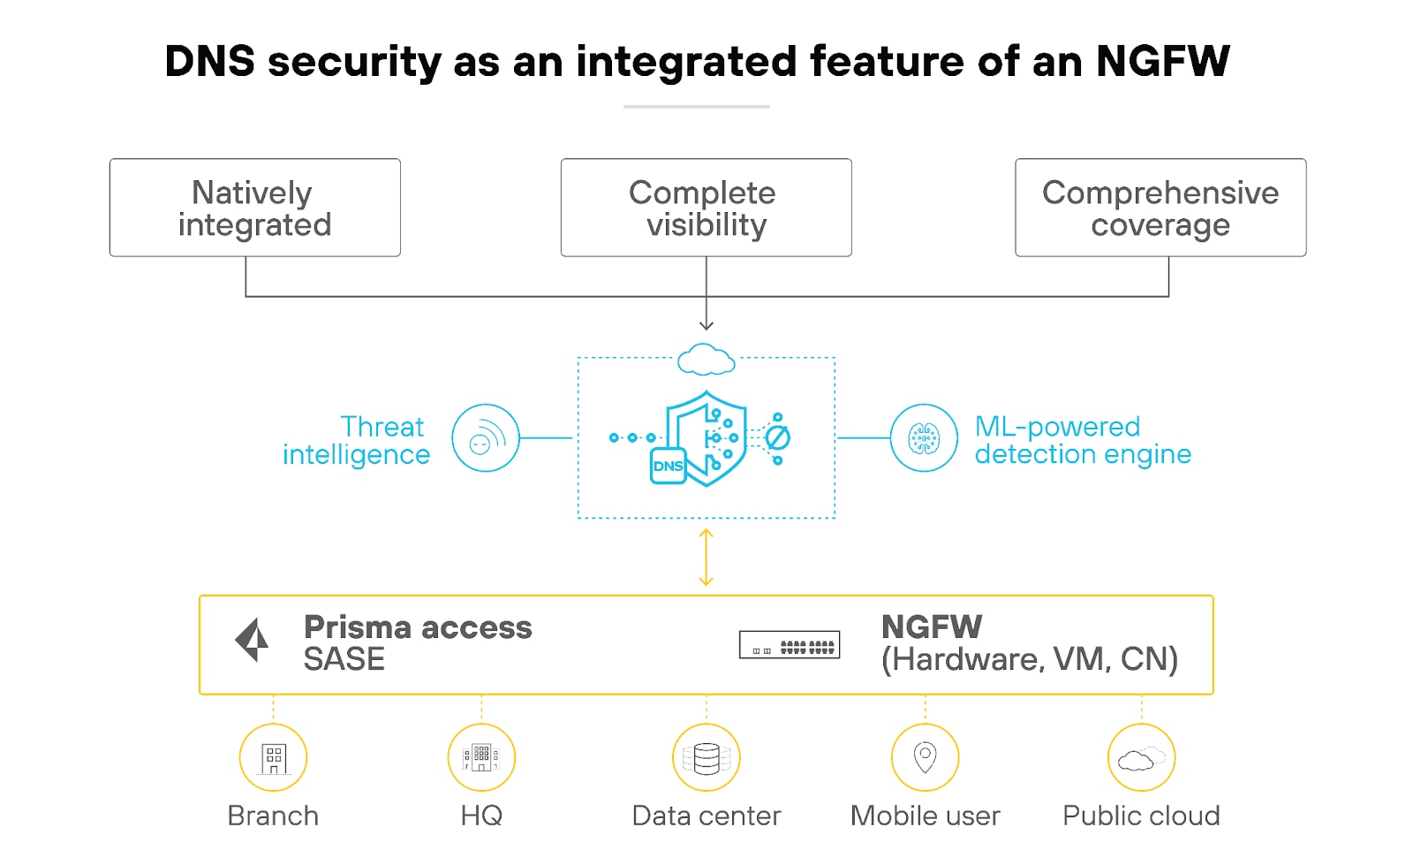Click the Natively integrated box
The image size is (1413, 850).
(254, 208)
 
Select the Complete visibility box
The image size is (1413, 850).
(706, 208)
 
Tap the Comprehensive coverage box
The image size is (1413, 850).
(1160, 208)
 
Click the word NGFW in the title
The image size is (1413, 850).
(1162, 62)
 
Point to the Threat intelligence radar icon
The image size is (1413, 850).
(485, 438)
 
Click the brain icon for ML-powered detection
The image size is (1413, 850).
(924, 438)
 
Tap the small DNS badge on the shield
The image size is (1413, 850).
(668, 466)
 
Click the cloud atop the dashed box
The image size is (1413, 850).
(706, 360)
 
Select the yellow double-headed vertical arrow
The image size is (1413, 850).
(706, 558)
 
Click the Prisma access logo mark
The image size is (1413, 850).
(253, 640)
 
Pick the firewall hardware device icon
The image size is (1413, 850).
(789, 645)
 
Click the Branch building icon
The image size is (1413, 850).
(273, 758)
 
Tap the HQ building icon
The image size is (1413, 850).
(481, 758)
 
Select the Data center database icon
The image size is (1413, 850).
(706, 758)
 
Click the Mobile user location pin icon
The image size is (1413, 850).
(925, 757)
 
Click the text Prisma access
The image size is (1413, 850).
(418, 627)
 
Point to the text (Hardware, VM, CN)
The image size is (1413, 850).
(1030, 659)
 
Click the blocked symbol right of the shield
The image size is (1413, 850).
(777, 437)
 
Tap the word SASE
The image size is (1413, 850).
(344, 660)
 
